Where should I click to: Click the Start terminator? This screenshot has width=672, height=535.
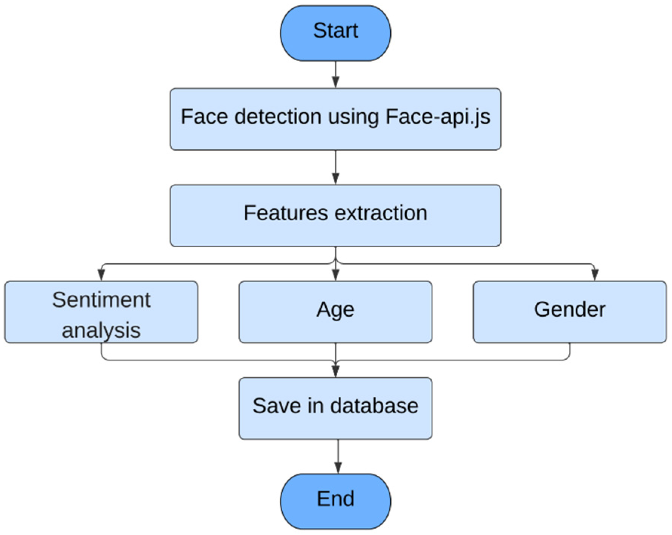(335, 33)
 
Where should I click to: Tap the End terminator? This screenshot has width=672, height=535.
(335, 501)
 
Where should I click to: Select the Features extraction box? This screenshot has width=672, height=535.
(335, 216)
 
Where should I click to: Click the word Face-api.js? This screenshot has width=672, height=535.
(438, 117)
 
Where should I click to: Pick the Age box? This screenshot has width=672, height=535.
(335, 312)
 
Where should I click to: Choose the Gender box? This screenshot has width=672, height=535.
(570, 312)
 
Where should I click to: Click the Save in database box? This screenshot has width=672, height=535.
(335, 408)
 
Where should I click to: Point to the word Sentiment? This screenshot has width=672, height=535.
(101, 300)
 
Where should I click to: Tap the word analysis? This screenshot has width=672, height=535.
(101, 330)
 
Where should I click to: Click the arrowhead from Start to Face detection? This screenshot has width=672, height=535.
(335, 81)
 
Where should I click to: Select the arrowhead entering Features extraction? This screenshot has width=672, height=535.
(335, 178)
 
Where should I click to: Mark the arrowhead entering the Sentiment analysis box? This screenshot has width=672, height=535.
(101, 275)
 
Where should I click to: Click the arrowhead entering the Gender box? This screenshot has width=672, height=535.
(595, 275)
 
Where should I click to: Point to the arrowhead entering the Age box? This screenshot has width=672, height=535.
(335, 275)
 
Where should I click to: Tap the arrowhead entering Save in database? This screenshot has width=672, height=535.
(335, 371)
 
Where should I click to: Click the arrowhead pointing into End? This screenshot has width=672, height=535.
(338, 468)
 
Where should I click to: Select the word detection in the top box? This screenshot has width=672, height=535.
(278, 117)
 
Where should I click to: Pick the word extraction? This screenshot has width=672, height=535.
(381, 213)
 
